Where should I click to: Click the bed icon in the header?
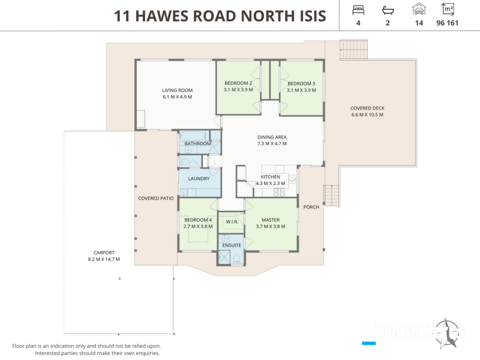click(358, 10)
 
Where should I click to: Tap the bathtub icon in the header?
click(388, 10)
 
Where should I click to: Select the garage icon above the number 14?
click(419, 9)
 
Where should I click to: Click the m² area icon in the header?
click(448, 9)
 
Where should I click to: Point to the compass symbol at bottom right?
click(447, 333)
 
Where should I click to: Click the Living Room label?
click(177, 90)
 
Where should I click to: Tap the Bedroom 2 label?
click(238, 83)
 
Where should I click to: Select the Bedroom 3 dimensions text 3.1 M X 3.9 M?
click(301, 90)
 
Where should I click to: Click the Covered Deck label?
click(367, 108)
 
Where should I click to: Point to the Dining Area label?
click(272, 137)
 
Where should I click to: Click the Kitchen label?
click(270, 177)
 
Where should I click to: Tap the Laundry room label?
click(199, 179)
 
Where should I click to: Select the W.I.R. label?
click(232, 222)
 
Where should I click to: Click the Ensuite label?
click(232, 245)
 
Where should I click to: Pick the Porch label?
click(311, 207)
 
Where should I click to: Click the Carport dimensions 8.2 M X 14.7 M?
click(104, 259)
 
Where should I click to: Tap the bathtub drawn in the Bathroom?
click(192, 135)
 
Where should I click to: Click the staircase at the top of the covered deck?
click(353, 49)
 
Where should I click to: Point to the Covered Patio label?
click(156, 198)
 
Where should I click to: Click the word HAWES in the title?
click(161, 16)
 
